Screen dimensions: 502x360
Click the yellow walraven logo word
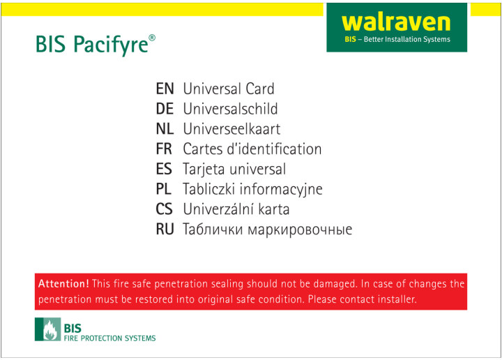[x=396, y=23]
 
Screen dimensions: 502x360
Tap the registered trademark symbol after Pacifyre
[x=152, y=38]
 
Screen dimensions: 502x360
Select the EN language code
[x=165, y=89]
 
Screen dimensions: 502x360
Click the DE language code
[x=165, y=109]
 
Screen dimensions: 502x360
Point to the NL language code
[x=165, y=129]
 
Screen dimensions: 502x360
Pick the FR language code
[x=164, y=149]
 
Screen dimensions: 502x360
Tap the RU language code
[x=165, y=230]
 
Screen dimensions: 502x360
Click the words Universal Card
[x=229, y=89]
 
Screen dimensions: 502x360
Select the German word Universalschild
[x=231, y=109]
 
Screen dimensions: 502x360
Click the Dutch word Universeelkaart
[x=231, y=129]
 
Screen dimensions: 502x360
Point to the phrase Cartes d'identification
[x=252, y=149]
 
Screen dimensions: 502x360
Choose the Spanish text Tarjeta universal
[x=234, y=169]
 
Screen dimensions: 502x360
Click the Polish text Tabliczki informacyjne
[x=252, y=189]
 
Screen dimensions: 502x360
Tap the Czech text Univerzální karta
[x=236, y=209]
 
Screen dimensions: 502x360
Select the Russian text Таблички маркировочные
[x=267, y=230]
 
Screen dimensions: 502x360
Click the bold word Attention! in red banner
[x=63, y=284]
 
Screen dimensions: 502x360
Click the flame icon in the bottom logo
[x=50, y=330]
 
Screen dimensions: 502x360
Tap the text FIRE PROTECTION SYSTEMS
[x=110, y=338]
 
